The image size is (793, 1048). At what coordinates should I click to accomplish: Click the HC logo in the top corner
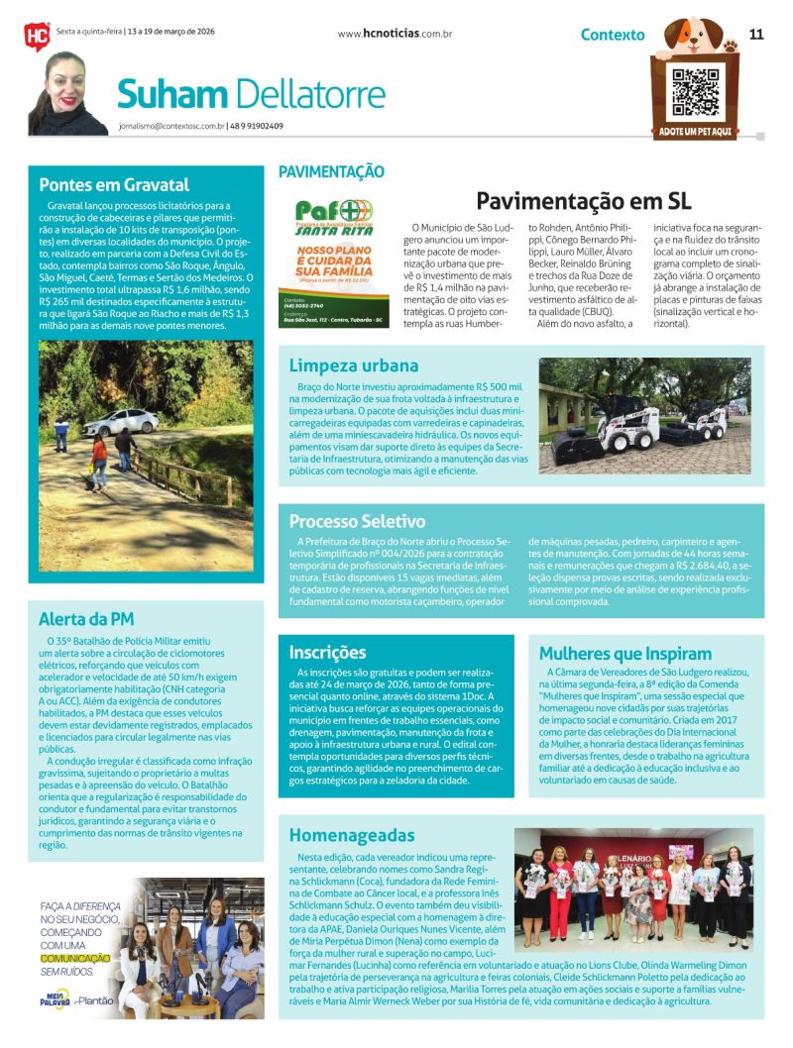coord(36,35)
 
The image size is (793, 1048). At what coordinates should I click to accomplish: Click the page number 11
coord(756,34)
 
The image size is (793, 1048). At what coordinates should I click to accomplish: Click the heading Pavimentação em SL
coord(583,201)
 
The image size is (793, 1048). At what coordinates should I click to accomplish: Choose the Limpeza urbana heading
coord(354,366)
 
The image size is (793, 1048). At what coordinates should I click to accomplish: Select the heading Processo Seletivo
coord(357,521)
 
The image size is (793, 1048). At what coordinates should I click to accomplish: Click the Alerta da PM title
coord(86,619)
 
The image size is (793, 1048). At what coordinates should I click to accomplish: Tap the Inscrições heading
coord(327,653)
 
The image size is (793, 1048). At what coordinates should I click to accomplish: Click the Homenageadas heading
coord(352,835)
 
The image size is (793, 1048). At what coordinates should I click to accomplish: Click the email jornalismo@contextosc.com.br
coord(169,126)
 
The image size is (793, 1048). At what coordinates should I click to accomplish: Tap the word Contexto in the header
coord(613,35)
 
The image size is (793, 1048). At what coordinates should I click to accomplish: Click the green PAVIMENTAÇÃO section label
coord(331,171)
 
